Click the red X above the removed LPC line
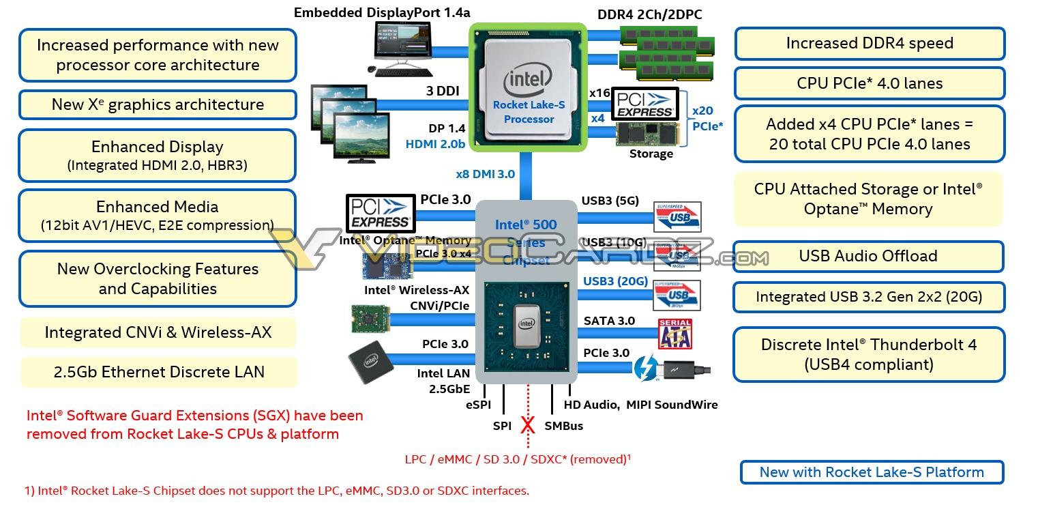tap(528, 426)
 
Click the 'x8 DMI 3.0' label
tap(486, 174)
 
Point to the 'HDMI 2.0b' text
tap(435, 144)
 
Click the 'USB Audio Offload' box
tap(868, 256)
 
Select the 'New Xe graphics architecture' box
tap(158, 104)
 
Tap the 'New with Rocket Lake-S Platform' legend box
tap(871, 472)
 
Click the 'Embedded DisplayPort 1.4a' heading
tap(382, 12)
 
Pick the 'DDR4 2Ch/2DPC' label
tap(649, 14)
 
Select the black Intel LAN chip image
tap(370, 359)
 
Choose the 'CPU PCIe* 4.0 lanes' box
tap(869, 83)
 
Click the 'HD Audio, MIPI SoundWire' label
tap(640, 405)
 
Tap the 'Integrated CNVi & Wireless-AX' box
tap(158, 332)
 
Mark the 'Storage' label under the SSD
tap(651, 154)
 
